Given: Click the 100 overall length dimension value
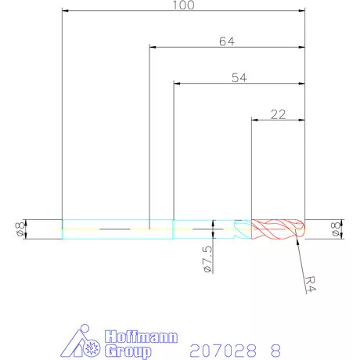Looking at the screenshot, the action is pyautogui.click(x=183, y=5).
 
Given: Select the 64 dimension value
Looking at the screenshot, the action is pyautogui.click(x=227, y=41).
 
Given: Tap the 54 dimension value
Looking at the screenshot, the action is pyautogui.click(x=239, y=77).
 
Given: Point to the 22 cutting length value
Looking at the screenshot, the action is pyautogui.click(x=278, y=114).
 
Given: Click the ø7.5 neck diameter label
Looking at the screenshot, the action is pyautogui.click(x=207, y=259).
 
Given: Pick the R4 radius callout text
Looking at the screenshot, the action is pyautogui.click(x=311, y=284).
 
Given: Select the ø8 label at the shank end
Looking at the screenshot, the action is pyautogui.click(x=20, y=229).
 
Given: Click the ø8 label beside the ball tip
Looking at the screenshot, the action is pyautogui.click(x=336, y=229).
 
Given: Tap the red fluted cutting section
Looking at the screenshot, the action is pyautogui.click(x=278, y=229).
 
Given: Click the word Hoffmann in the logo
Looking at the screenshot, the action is pyautogui.click(x=141, y=337).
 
